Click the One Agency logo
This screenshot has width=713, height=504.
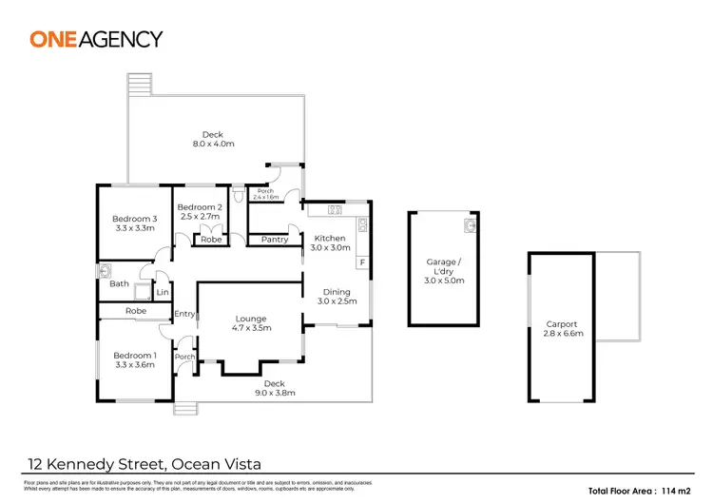(96, 39)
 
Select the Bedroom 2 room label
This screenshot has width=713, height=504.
(200, 212)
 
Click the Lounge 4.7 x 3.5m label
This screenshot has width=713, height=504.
(251, 323)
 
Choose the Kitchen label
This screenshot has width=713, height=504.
(330, 242)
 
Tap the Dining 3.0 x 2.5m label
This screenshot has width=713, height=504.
(337, 297)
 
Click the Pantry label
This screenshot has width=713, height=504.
(274, 240)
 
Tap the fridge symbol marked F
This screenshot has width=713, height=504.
(362, 262)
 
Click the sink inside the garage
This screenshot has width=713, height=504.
(470, 225)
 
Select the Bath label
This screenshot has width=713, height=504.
(119, 283)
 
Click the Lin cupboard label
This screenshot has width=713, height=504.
(163, 292)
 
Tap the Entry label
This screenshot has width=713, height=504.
(184, 314)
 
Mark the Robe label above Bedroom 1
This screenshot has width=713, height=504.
(134, 311)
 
